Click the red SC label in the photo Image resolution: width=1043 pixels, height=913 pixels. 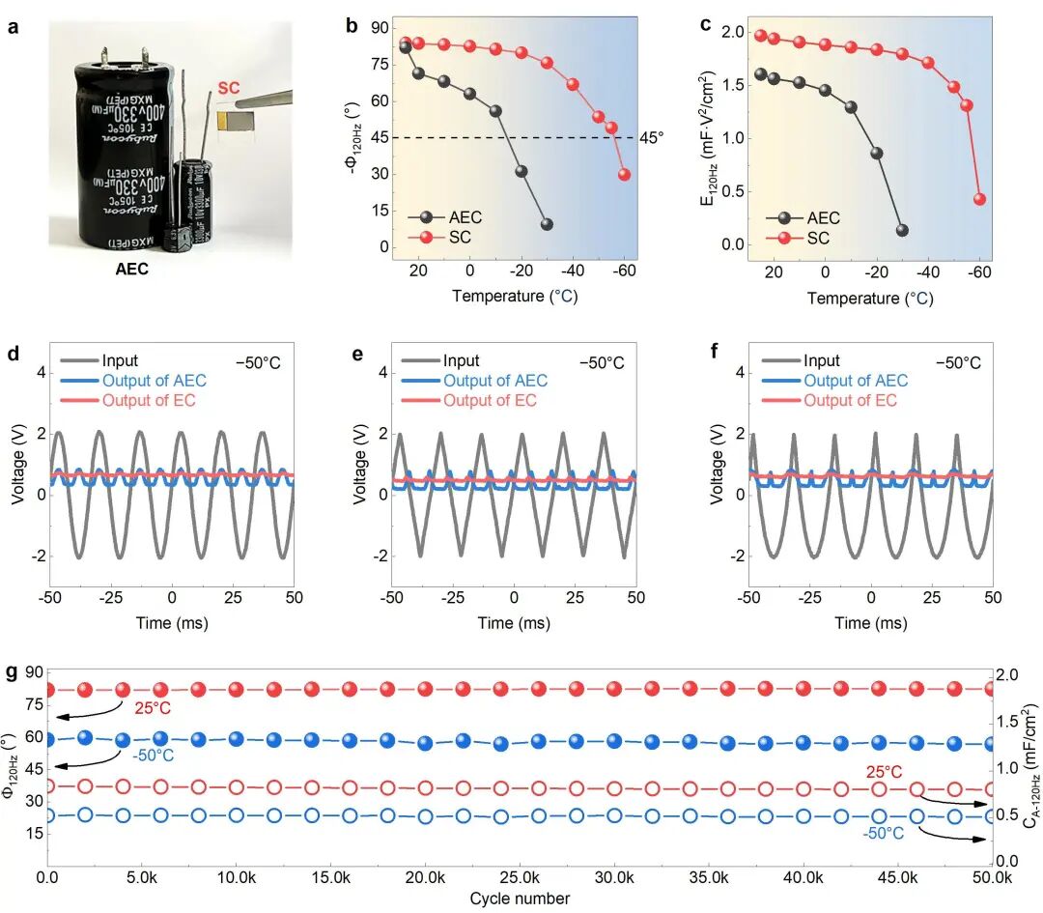point(229,88)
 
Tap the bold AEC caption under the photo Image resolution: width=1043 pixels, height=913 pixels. point(131,270)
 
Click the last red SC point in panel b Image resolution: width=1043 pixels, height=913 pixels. point(624,175)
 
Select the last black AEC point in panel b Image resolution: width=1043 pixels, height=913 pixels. point(547,224)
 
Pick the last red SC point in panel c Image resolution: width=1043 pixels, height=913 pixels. point(979,199)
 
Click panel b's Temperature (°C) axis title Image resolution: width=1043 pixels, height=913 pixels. point(515,296)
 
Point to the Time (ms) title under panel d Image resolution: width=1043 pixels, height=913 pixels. point(172,623)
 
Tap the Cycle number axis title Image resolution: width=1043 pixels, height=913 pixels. point(520,899)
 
